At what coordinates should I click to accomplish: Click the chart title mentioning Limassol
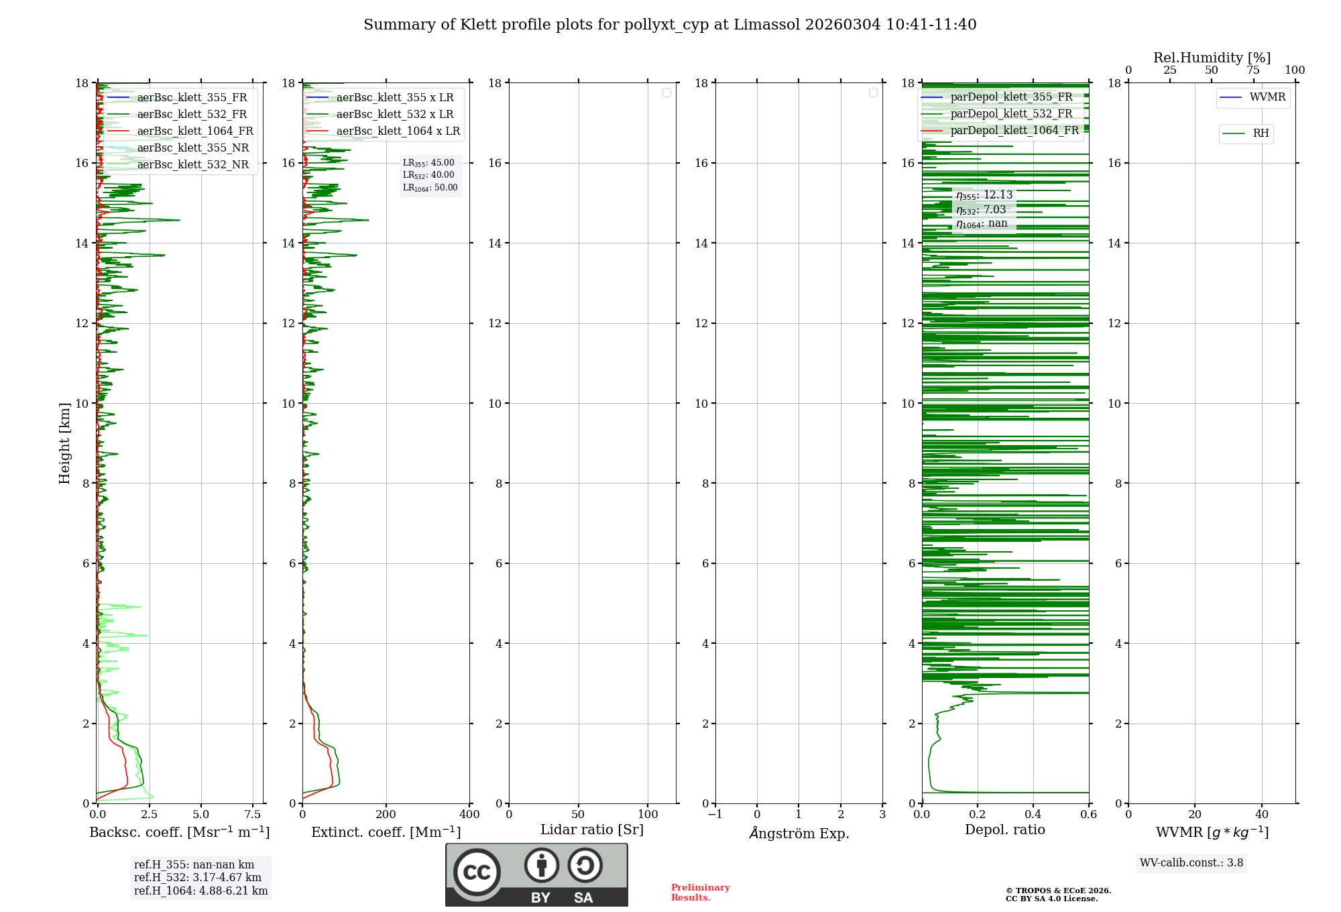click(670, 25)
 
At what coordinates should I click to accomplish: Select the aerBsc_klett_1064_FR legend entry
click(194, 131)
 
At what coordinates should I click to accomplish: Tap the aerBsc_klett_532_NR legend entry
click(192, 165)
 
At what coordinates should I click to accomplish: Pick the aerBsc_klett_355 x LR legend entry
click(394, 98)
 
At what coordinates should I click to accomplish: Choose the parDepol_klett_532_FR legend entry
click(1010, 114)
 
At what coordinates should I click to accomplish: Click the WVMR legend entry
click(1267, 98)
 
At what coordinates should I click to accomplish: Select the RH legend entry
click(1260, 134)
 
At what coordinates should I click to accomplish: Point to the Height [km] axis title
click(64, 443)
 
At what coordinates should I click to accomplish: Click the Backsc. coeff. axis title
click(179, 832)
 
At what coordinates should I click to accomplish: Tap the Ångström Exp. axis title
click(799, 834)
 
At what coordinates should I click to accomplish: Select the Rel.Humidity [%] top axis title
click(1212, 58)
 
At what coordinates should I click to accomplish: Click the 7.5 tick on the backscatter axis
click(253, 815)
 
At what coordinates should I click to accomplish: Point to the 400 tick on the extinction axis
click(469, 815)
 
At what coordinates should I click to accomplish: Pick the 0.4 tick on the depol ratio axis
click(1033, 815)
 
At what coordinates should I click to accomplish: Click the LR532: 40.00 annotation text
click(428, 175)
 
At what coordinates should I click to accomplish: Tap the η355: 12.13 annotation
click(984, 195)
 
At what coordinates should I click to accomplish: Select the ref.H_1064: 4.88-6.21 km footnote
click(200, 891)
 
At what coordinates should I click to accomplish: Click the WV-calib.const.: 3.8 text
click(1191, 863)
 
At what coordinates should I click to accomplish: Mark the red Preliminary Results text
click(700, 893)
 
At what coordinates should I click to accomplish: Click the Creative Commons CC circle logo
click(477, 872)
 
